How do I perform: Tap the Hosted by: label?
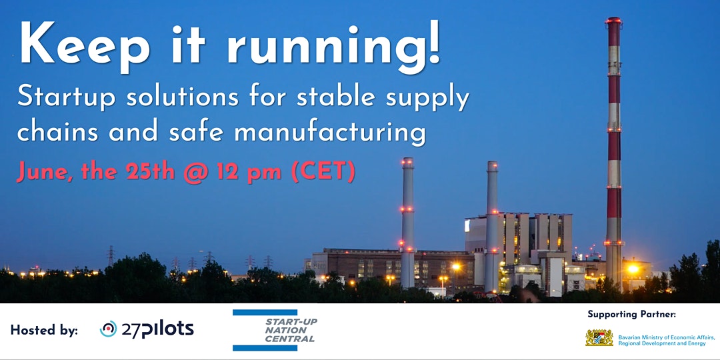tap(44, 330)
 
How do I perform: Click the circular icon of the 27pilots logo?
tap(108, 329)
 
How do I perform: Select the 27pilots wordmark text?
tap(157, 329)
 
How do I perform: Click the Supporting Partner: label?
tap(631, 314)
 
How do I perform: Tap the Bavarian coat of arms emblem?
tap(599, 337)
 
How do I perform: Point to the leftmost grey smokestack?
tap(407, 220)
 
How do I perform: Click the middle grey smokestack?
tap(492, 220)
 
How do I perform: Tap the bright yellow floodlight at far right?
tap(632, 269)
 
